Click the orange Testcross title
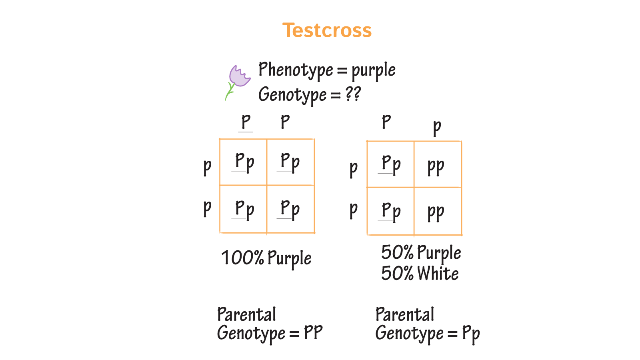pos(327,30)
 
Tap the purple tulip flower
pos(239,76)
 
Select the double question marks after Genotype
pos(353,94)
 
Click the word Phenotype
pos(296,70)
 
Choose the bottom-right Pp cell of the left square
pos(290,209)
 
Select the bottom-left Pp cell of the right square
pos(391,211)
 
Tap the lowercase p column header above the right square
pos(437,127)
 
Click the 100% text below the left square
pos(242,258)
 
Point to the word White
pos(438,274)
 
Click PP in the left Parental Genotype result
pos(313,333)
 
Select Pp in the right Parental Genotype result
pos(471,334)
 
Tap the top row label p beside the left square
pos(207,166)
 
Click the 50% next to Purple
pos(397,253)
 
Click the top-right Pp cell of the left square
pos(290,162)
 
